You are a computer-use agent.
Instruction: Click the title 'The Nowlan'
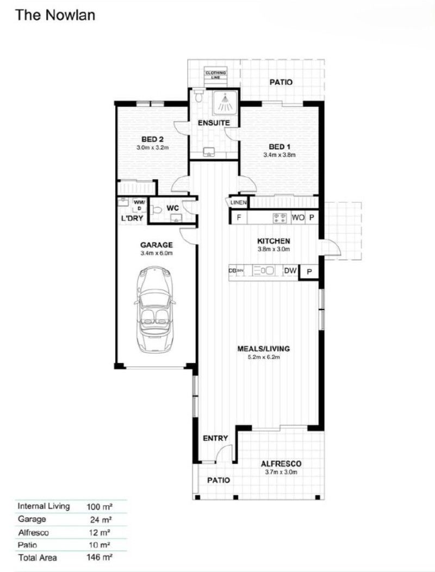[x=55, y=15]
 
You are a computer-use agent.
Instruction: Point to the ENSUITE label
[x=214, y=123]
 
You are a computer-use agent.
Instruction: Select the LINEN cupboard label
[x=238, y=203]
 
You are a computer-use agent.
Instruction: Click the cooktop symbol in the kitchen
[x=279, y=218]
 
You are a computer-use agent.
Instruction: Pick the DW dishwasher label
[x=290, y=270]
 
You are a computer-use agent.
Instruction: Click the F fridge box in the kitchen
[x=238, y=218]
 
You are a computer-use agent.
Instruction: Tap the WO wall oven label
[x=298, y=218]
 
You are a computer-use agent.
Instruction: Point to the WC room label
[x=172, y=208]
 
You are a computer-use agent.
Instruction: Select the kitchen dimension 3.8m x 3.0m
[x=274, y=249]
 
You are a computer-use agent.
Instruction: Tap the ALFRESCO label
[x=281, y=464]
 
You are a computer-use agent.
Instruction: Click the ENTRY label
[x=215, y=438]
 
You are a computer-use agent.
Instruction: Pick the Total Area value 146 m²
[x=99, y=557]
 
